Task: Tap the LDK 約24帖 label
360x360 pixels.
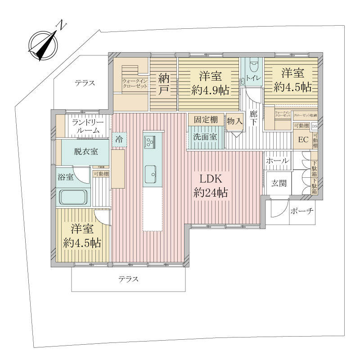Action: point(210,186)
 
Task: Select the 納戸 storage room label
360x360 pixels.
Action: point(163,84)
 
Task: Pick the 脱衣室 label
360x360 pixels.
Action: point(85,153)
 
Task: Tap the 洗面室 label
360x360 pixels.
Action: point(206,136)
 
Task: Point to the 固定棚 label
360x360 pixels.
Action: point(206,120)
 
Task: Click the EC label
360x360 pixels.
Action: point(303,140)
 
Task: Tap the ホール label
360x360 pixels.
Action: point(277,161)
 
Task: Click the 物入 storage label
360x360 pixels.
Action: point(234,121)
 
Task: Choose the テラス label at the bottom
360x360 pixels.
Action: point(129,279)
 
